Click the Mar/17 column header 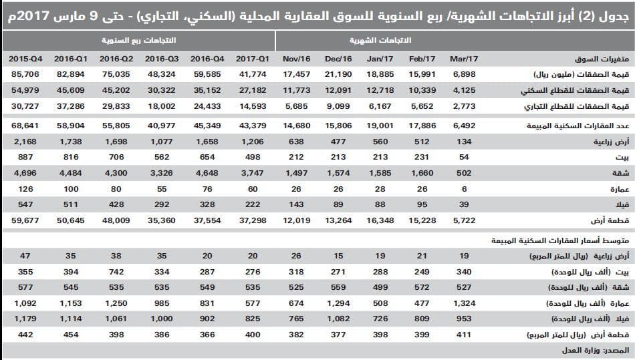[463, 59]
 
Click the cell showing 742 [112, 273]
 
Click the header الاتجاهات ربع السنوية [138, 40]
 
